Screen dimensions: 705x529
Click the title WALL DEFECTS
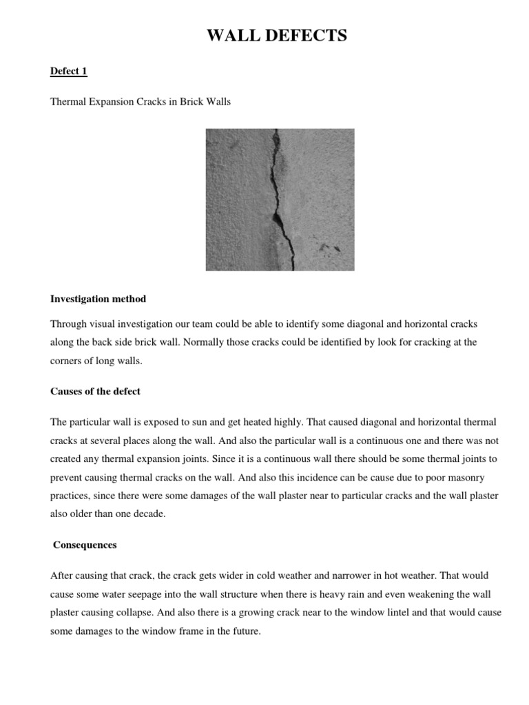coord(278,35)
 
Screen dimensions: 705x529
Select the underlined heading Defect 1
coord(69,71)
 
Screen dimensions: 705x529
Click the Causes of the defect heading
coord(96,391)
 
